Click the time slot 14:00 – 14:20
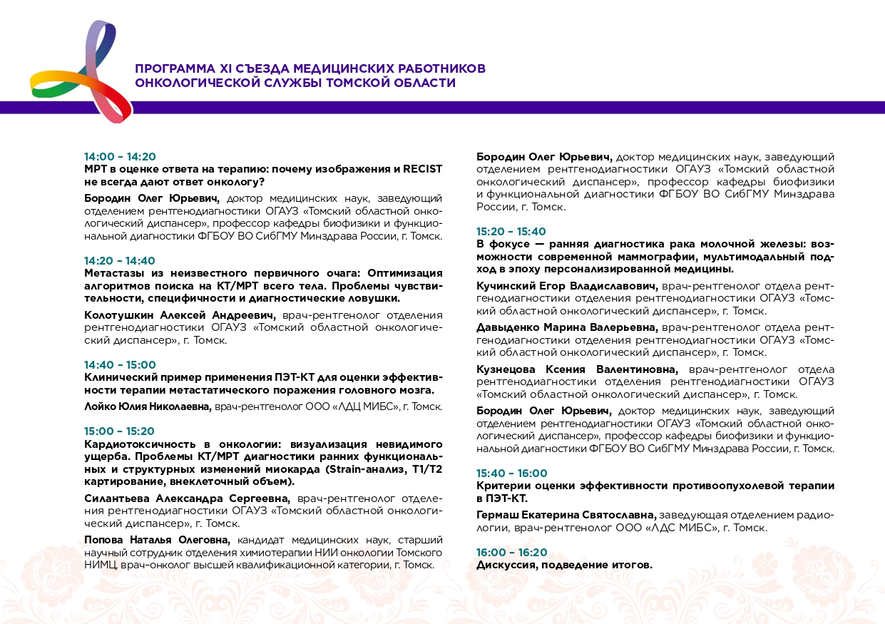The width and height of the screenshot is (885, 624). (x=120, y=157)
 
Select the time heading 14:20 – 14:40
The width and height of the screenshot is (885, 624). (x=120, y=261)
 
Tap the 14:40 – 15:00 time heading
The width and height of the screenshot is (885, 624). (x=120, y=365)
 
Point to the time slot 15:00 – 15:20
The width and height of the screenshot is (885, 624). (x=120, y=431)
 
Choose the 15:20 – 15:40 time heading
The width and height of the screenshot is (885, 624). (x=511, y=232)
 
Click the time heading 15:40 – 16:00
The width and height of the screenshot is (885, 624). (x=512, y=474)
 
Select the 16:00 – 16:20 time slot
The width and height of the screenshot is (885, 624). (x=512, y=553)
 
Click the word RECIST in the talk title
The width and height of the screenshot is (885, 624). (x=422, y=170)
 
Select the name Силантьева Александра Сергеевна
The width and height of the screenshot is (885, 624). (x=188, y=498)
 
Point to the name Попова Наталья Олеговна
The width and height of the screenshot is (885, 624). (x=158, y=539)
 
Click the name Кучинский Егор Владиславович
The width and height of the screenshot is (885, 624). (x=568, y=286)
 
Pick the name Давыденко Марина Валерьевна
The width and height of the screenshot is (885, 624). (x=568, y=327)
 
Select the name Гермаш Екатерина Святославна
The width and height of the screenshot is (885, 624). (x=566, y=515)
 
